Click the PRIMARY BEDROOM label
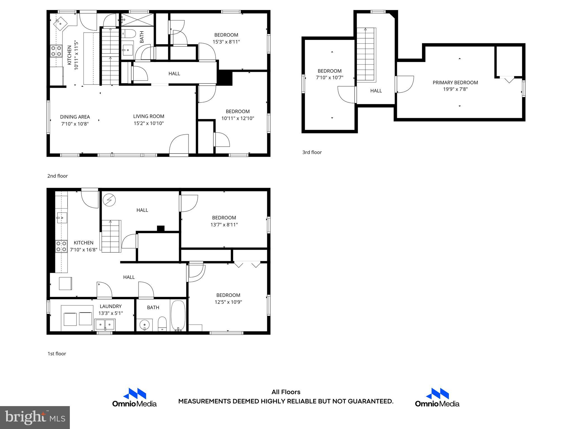455,83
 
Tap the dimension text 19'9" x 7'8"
455,89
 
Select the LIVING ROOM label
149,116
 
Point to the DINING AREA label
75,117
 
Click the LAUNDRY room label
111,306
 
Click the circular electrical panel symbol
109,200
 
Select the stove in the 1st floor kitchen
61,246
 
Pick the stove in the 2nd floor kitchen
56,51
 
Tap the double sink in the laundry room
105,325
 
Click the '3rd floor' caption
312,152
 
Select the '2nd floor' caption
58,176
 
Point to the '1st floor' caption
57,354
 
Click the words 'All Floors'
286,392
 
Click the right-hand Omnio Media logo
437,397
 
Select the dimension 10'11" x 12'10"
238,118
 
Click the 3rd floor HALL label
376,91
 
